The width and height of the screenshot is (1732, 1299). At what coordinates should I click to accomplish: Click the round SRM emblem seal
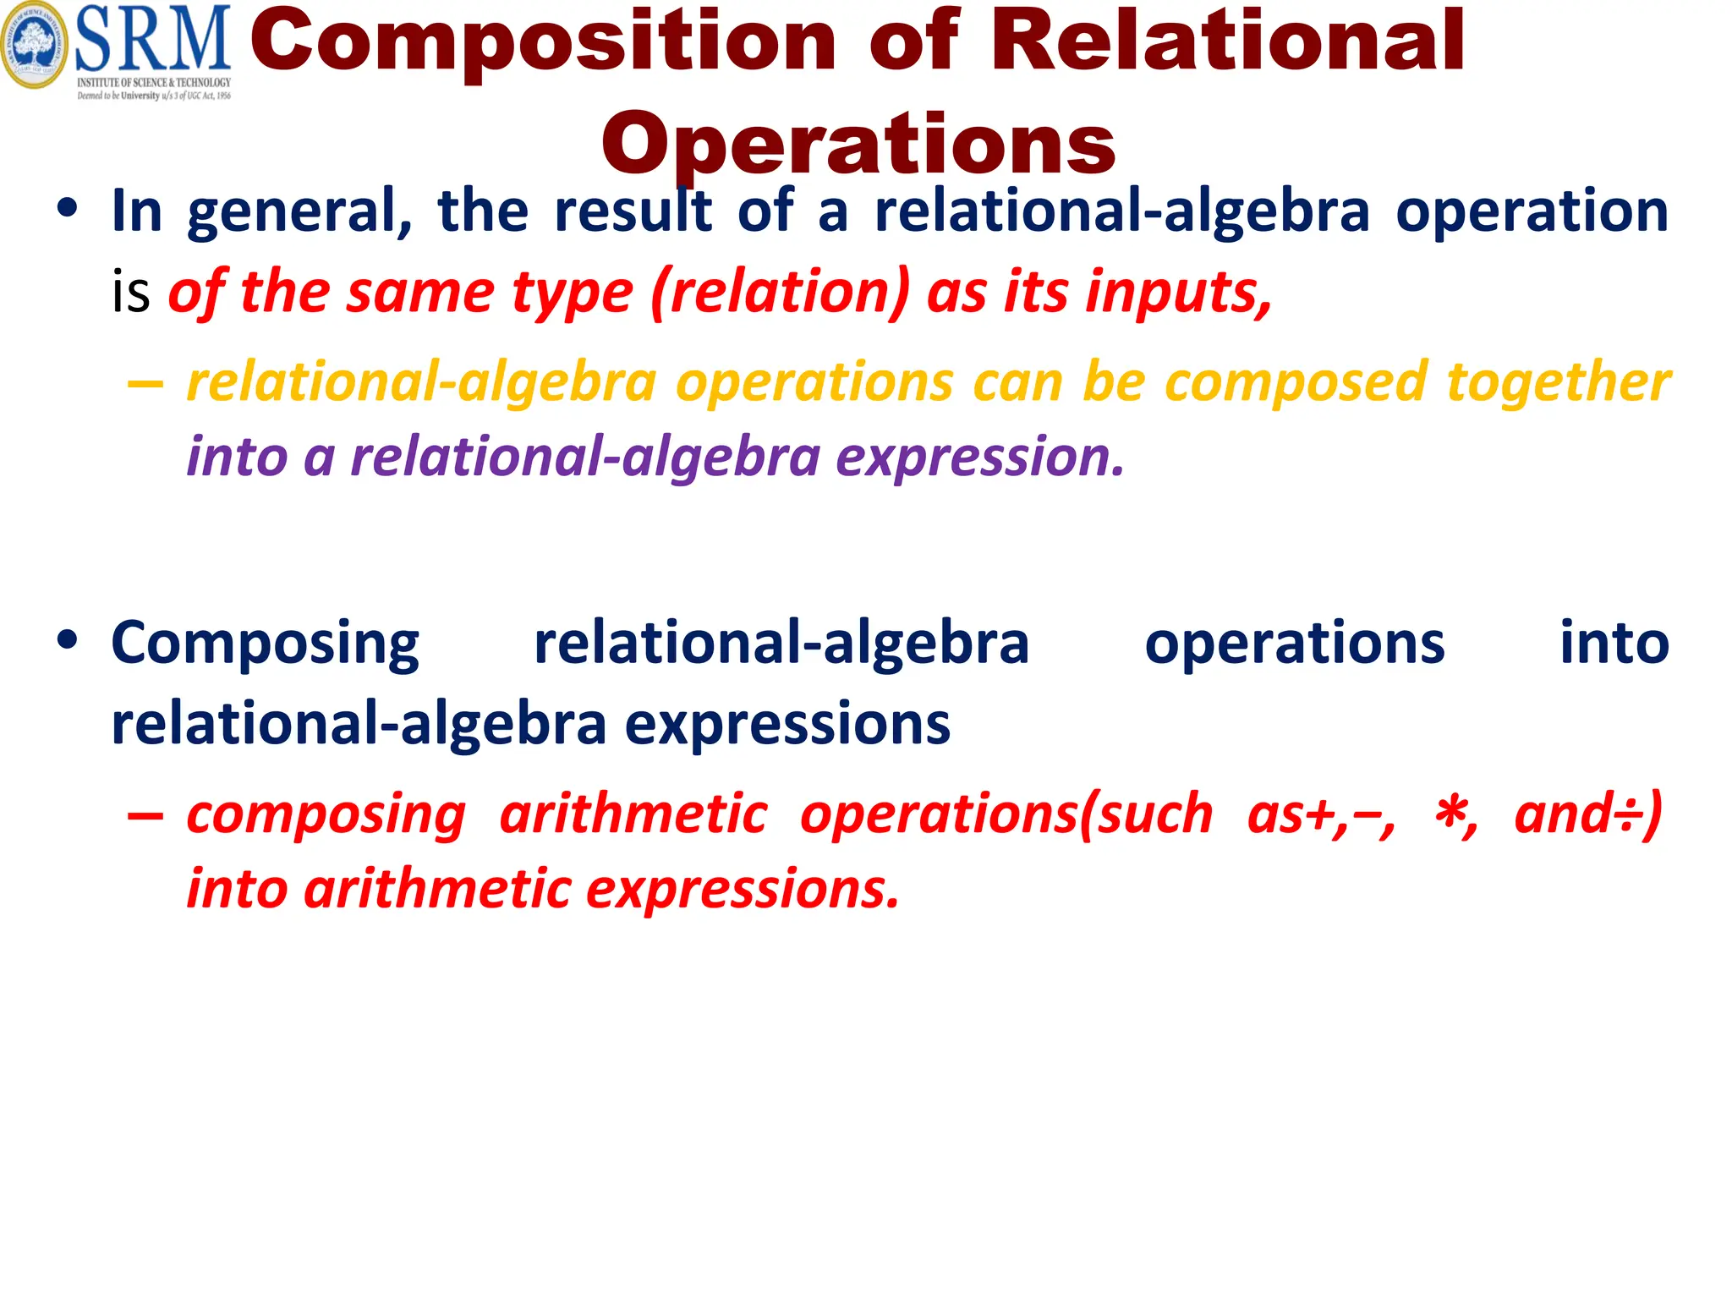click(x=34, y=44)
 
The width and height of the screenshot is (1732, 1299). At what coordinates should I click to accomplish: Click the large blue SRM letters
click(x=153, y=39)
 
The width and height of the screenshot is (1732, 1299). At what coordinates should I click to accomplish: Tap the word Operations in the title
click(x=858, y=144)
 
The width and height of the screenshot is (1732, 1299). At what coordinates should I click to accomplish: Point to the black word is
click(x=131, y=292)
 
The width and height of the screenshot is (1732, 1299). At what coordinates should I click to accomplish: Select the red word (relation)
click(x=781, y=292)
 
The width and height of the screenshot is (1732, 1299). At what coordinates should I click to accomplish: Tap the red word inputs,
click(x=1179, y=292)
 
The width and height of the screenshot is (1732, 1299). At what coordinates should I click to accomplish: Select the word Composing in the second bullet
click(x=265, y=644)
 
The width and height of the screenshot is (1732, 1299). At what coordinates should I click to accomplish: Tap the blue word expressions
click(x=787, y=725)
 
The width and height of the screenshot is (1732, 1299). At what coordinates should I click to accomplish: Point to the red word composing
click(x=326, y=815)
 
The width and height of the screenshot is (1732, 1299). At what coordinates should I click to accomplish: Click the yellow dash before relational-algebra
click(x=145, y=385)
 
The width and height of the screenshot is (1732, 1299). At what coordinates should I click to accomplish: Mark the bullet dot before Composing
click(x=68, y=639)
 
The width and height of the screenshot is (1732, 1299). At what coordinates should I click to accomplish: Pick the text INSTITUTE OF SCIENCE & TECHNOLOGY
click(x=154, y=83)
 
